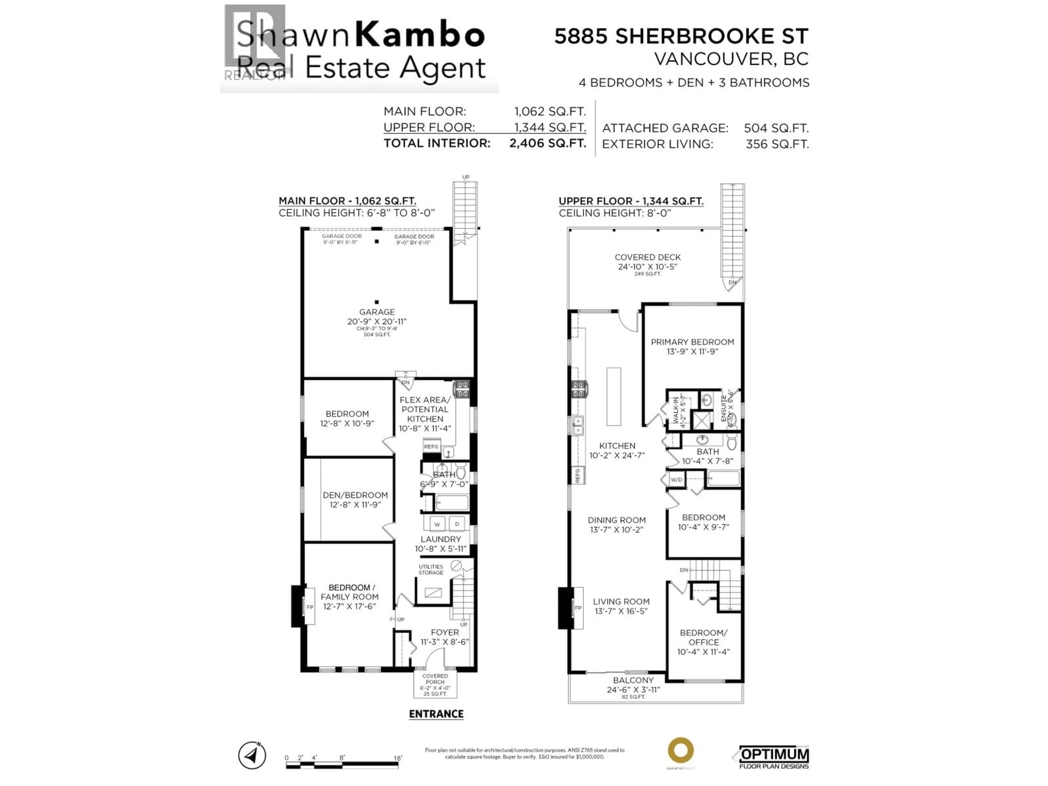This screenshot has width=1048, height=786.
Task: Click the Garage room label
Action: [377, 312]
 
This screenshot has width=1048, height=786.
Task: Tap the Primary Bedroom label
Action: [692, 342]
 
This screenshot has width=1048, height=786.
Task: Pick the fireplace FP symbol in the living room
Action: [578, 608]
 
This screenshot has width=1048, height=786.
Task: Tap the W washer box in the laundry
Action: [437, 524]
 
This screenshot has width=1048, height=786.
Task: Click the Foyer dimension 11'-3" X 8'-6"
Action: [444, 642]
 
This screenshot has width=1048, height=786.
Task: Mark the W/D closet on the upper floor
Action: [676, 480]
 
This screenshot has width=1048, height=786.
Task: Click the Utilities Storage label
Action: [431, 570]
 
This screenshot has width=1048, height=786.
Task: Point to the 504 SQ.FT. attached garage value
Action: [776, 128]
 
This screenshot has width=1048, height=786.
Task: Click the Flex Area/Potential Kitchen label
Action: [425, 409]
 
